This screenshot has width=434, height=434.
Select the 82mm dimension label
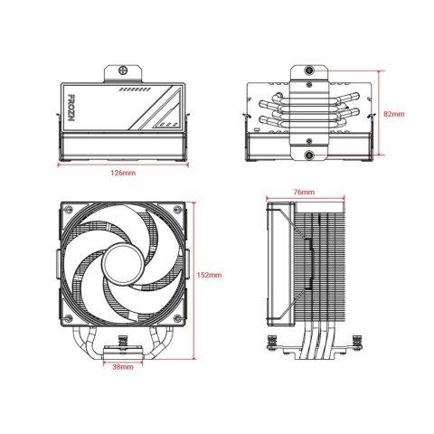[394, 115]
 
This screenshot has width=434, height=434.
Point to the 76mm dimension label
[305, 193]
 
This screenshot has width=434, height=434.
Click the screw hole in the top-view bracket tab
[121, 71]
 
